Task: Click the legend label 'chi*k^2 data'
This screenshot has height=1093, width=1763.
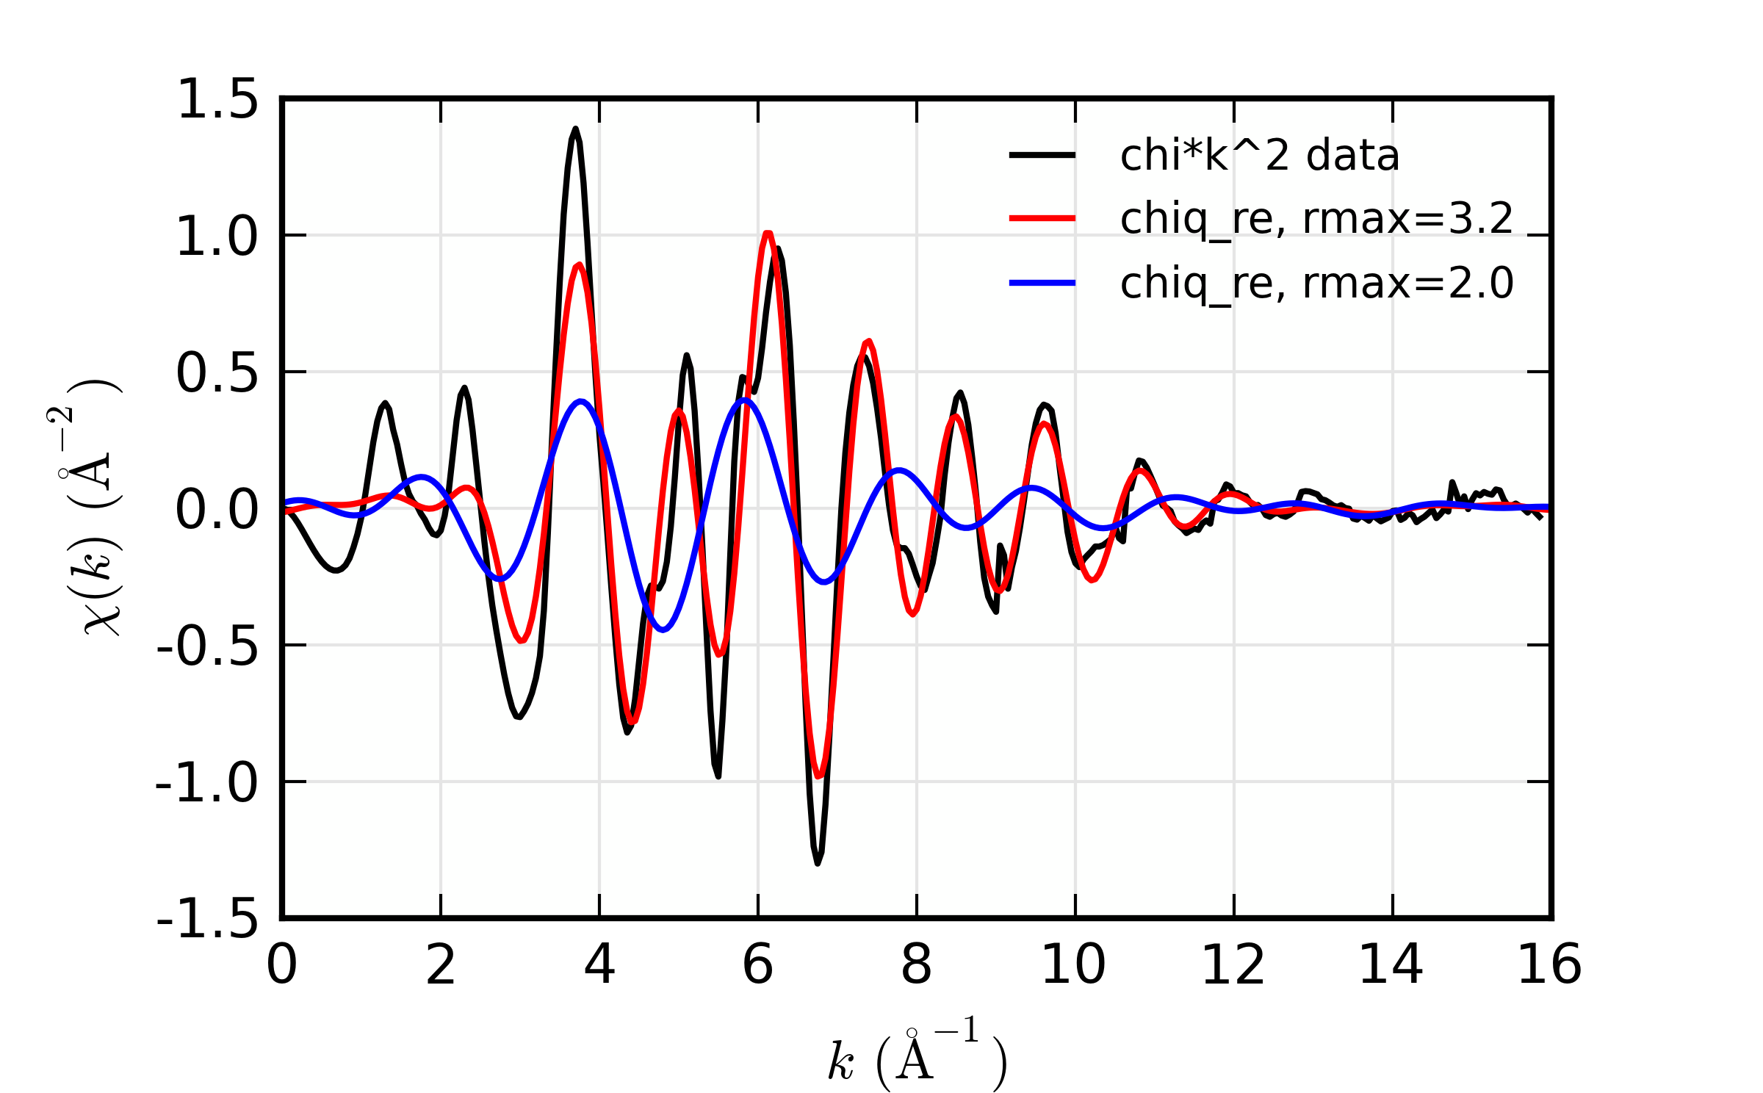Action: (x=1259, y=156)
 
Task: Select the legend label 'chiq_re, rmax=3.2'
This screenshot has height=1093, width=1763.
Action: (x=1316, y=219)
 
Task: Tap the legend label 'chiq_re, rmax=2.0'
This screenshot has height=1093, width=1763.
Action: (x=1316, y=283)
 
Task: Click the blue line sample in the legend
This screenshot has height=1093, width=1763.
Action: (x=1042, y=283)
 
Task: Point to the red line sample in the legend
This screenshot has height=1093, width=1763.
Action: (x=1042, y=218)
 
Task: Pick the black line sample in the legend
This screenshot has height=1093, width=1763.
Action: (x=1042, y=155)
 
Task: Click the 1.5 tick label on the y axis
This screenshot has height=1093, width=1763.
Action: (x=217, y=99)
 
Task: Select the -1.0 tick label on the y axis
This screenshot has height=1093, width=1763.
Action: (x=207, y=783)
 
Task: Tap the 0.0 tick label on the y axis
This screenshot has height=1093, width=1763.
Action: (x=217, y=510)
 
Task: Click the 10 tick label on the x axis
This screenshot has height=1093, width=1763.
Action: (x=1073, y=964)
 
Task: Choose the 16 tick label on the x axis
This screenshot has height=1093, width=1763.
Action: (x=1549, y=964)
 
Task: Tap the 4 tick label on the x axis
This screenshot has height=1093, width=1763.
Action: (x=599, y=964)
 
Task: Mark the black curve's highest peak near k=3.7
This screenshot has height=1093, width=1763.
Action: (x=575, y=129)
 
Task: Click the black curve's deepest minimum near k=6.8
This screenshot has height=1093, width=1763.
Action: (x=818, y=863)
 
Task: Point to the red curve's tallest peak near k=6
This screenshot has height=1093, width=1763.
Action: (x=768, y=234)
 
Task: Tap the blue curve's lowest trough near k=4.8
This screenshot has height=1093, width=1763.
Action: (x=663, y=630)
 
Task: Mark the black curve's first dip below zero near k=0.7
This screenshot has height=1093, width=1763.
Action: (x=336, y=571)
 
